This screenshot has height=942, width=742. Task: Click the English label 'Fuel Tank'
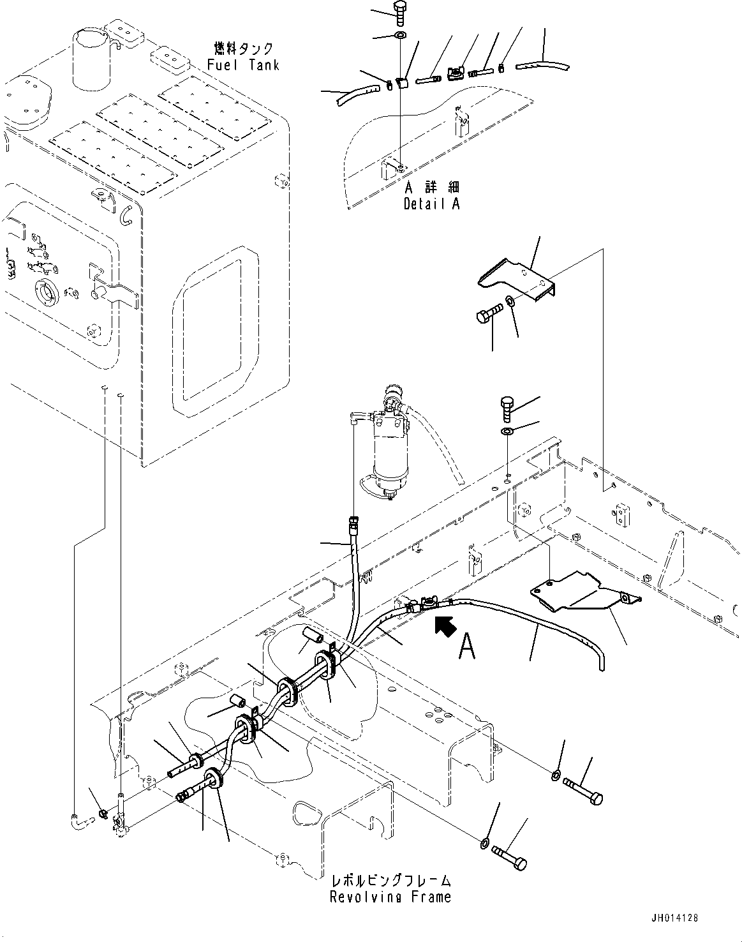coord(243,65)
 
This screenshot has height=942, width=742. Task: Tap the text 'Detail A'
coord(431,204)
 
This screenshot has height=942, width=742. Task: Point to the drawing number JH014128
coord(674,918)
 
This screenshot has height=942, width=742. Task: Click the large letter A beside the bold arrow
coord(468,648)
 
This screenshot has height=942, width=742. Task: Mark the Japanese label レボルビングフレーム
coord(390,881)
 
